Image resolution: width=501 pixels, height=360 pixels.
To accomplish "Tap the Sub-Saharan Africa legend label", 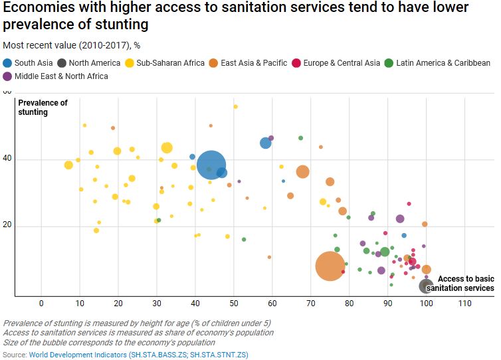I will click(169, 63).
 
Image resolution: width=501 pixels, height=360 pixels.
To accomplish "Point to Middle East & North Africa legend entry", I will click(55, 76).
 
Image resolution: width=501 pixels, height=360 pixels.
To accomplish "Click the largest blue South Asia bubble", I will click(212, 165).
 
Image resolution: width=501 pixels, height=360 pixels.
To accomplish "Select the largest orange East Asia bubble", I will click(329, 266).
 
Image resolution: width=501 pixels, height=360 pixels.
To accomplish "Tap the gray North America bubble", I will click(427, 286).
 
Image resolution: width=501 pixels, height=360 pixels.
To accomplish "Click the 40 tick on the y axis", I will click(8, 159).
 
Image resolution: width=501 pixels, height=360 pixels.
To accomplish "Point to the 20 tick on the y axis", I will click(8, 226).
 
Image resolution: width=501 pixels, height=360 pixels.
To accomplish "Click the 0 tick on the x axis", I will click(41, 303).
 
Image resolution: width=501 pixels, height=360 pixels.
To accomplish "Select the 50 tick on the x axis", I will click(234, 303).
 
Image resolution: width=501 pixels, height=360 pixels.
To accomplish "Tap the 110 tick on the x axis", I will click(464, 303).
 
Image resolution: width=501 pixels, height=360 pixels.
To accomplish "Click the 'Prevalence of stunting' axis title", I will click(43, 108).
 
